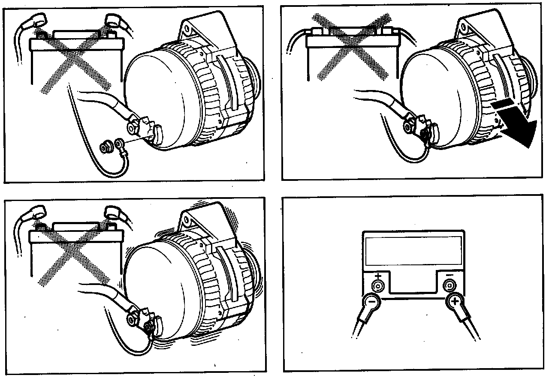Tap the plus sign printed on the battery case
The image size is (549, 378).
coord(377,276)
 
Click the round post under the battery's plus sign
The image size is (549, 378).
coord(377,286)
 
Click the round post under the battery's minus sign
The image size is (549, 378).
coord(449,285)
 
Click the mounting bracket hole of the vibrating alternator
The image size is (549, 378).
coord(187,222)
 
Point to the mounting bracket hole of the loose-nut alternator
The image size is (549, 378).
coord(187,30)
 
